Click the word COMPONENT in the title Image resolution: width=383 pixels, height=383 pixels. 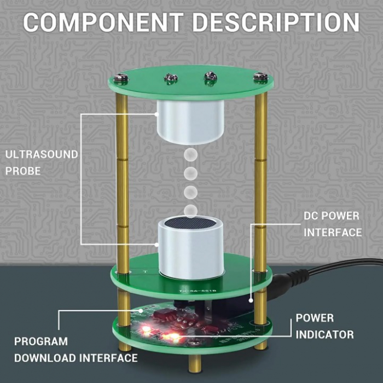[x=103, y=23]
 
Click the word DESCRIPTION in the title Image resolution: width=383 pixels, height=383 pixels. [x=276, y=23]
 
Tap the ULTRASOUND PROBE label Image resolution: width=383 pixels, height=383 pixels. [x=42, y=163]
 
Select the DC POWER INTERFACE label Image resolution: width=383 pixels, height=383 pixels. [x=333, y=224]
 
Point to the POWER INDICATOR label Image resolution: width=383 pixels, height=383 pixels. [x=324, y=326]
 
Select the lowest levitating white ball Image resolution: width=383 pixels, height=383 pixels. [x=190, y=210]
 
